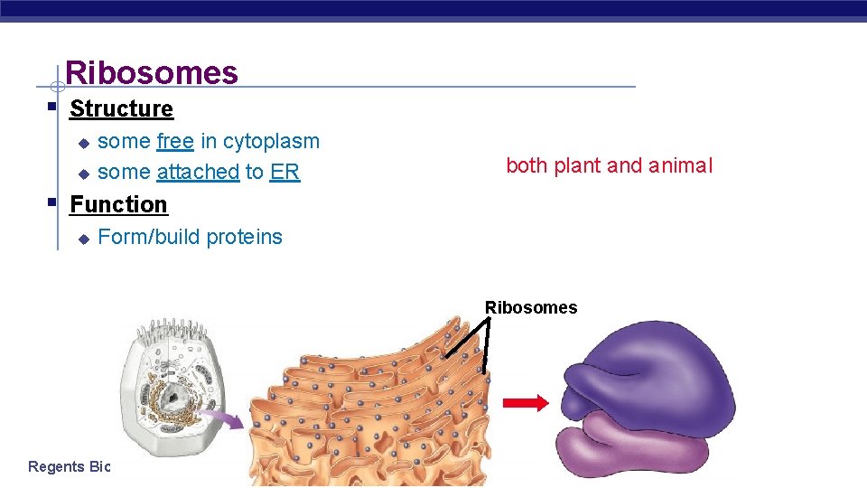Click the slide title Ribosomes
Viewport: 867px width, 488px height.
click(x=152, y=72)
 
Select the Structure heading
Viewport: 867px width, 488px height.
click(x=121, y=108)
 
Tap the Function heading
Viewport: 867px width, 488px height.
click(x=118, y=204)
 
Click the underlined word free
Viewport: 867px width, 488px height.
click(x=174, y=141)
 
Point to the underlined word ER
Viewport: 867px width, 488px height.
click(x=284, y=172)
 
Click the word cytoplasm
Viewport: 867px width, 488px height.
click(x=271, y=142)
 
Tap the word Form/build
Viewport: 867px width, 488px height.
click(x=148, y=237)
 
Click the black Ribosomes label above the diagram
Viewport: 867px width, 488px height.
click(x=530, y=307)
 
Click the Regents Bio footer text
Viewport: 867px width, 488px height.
click(x=69, y=466)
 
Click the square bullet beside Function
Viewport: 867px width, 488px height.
click(x=52, y=202)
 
